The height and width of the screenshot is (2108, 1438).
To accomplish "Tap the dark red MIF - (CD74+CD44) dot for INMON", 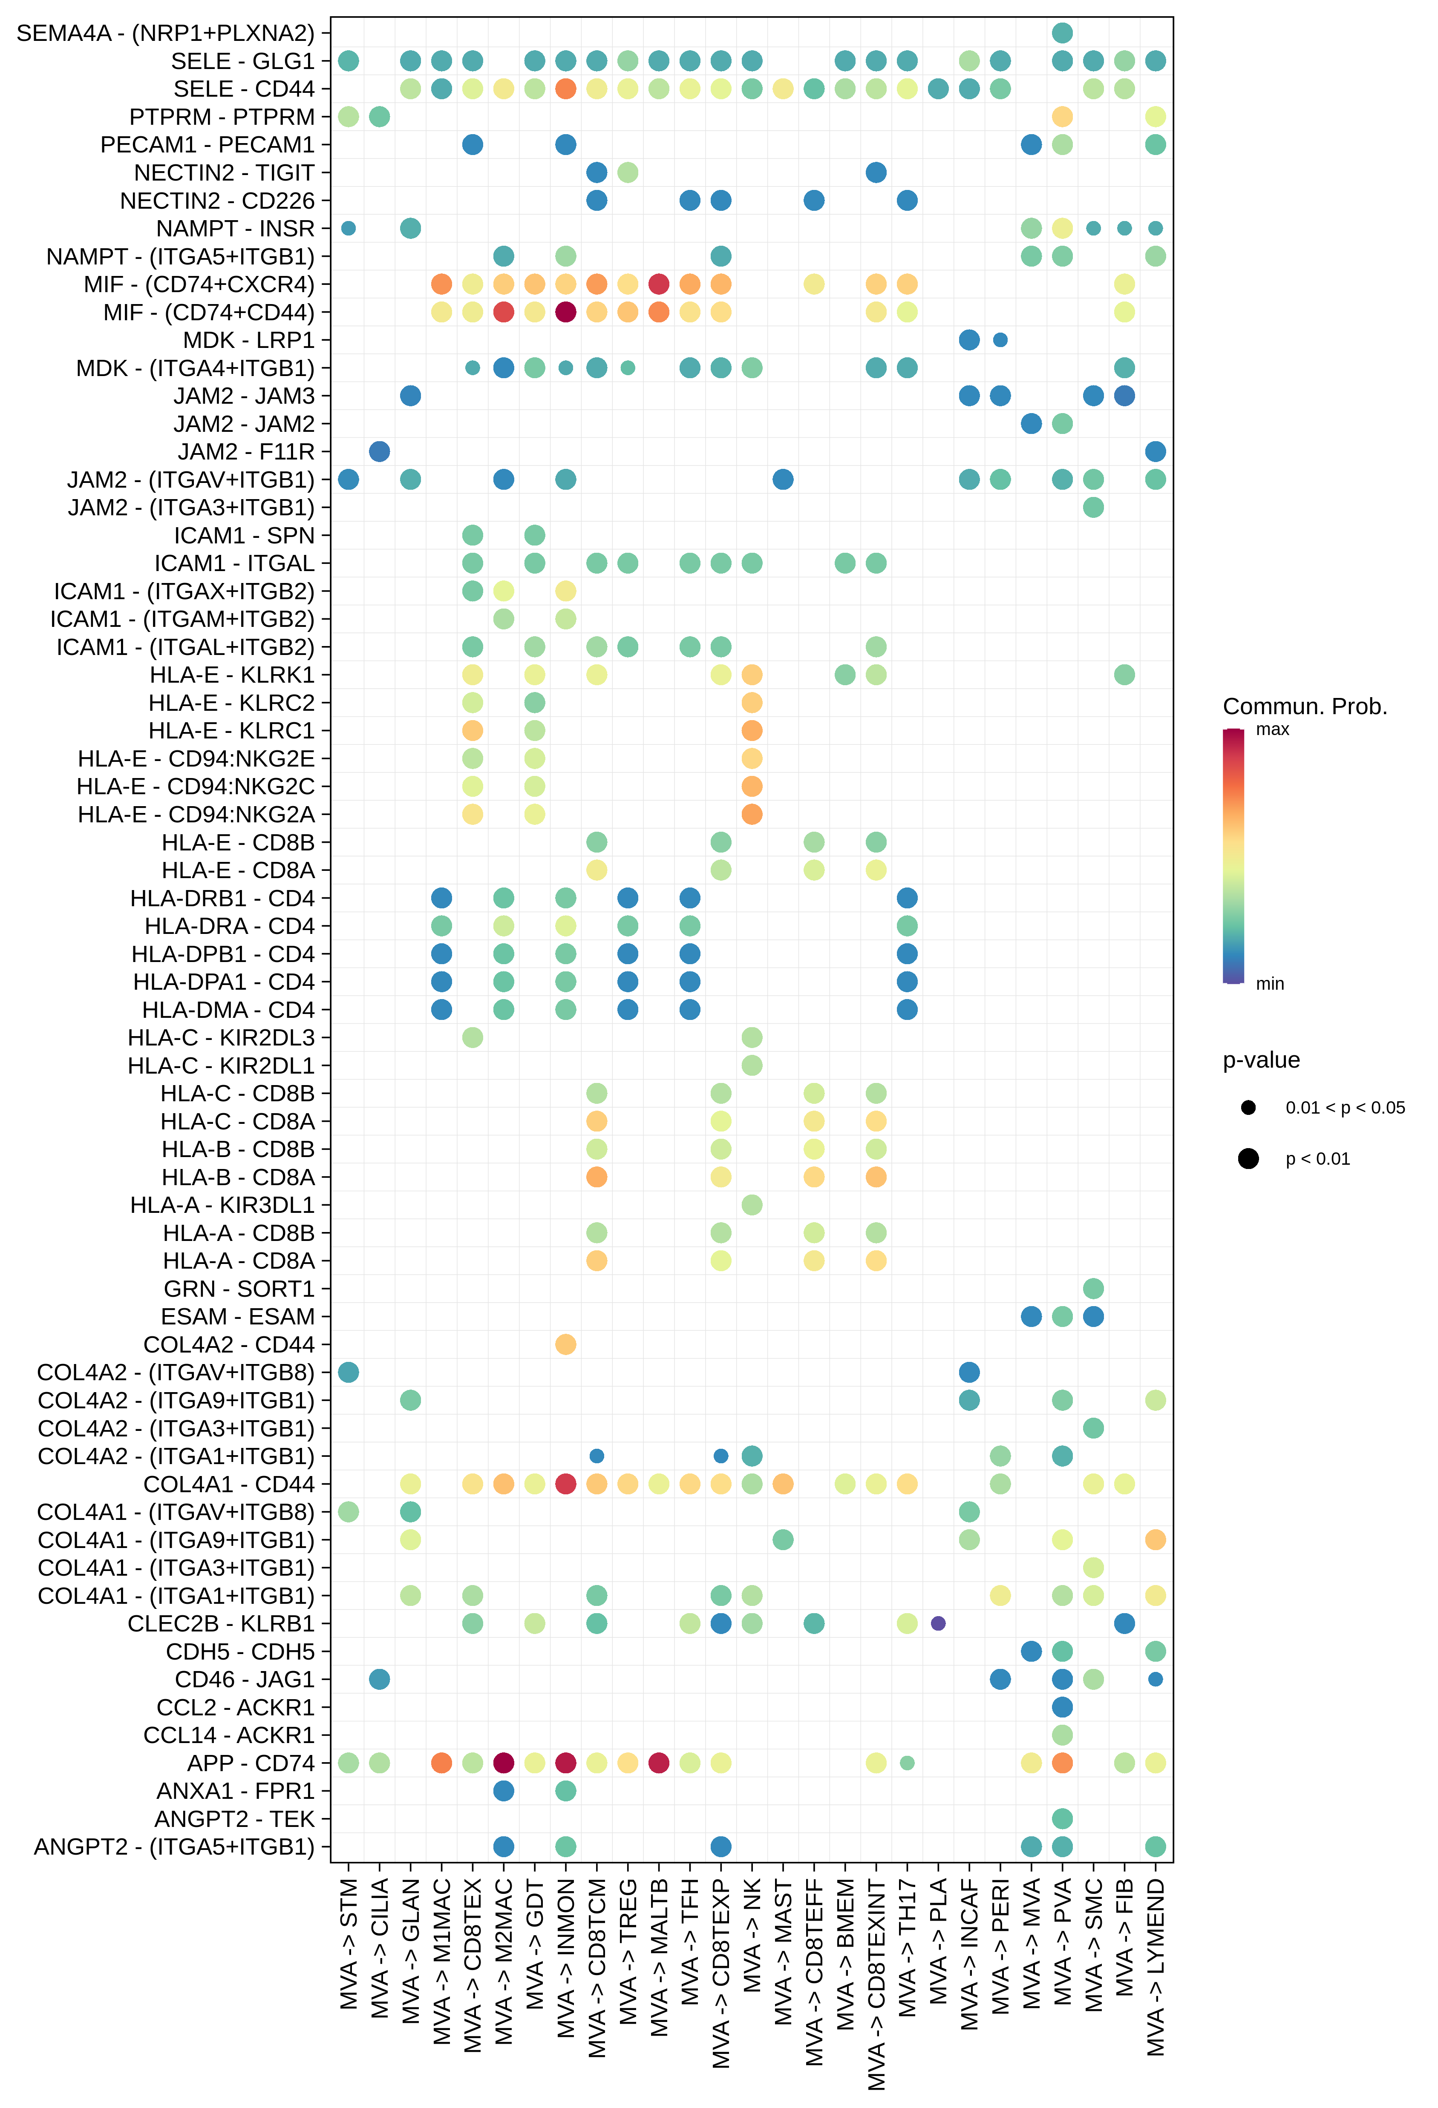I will (565, 312).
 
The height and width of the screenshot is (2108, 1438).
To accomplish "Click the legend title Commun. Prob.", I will (1305, 706).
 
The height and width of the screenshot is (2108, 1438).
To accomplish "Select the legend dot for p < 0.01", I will (1248, 1158).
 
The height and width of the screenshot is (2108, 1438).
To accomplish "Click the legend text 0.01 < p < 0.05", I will (1345, 1108).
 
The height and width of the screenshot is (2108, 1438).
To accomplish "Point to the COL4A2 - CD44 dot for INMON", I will (565, 1344).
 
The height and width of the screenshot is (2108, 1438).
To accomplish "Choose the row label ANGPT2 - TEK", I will (234, 1819).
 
